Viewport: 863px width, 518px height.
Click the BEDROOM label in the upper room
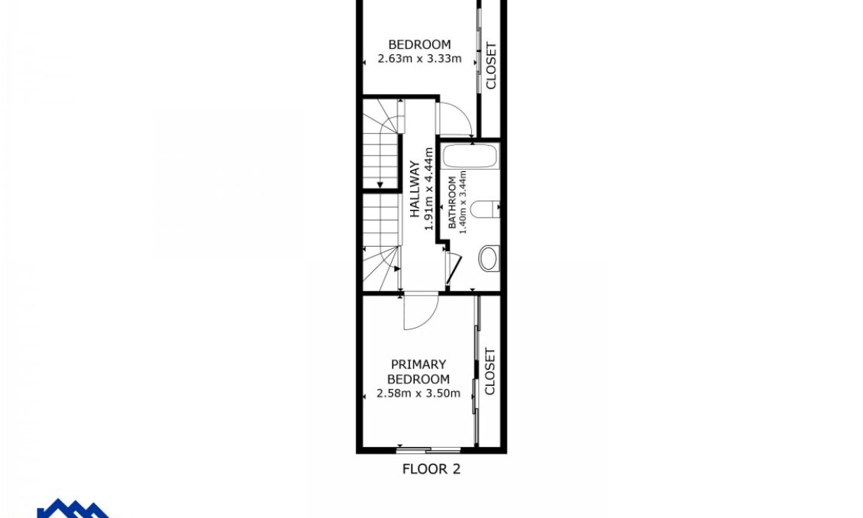pyautogui.click(x=419, y=44)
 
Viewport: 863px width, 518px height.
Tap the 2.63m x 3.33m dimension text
pyautogui.click(x=419, y=58)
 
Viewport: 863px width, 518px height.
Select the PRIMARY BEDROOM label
pyautogui.click(x=418, y=371)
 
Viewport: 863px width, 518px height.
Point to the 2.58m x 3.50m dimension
pyautogui.click(x=418, y=393)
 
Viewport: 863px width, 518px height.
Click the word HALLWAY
pyautogui.click(x=415, y=189)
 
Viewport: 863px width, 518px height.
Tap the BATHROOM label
pyautogui.click(x=452, y=203)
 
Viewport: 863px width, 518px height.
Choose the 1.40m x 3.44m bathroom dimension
pyautogui.click(x=463, y=203)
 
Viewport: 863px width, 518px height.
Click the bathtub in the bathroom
pyautogui.click(x=470, y=158)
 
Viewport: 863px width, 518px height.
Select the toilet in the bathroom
pyautogui.click(x=484, y=208)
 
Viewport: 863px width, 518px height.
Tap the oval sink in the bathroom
pyautogui.click(x=488, y=258)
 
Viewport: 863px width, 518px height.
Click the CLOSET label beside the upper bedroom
pyautogui.click(x=490, y=66)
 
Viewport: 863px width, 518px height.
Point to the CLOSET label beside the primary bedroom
pyautogui.click(x=490, y=371)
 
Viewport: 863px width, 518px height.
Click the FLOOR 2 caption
pyautogui.click(x=431, y=469)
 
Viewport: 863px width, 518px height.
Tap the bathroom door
pyautogui.click(x=452, y=267)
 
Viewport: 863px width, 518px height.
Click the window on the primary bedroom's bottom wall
pyautogui.click(x=430, y=449)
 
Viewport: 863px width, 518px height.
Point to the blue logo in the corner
pyautogui.click(x=73, y=508)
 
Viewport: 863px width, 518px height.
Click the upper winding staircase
pyautogui.click(x=380, y=145)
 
